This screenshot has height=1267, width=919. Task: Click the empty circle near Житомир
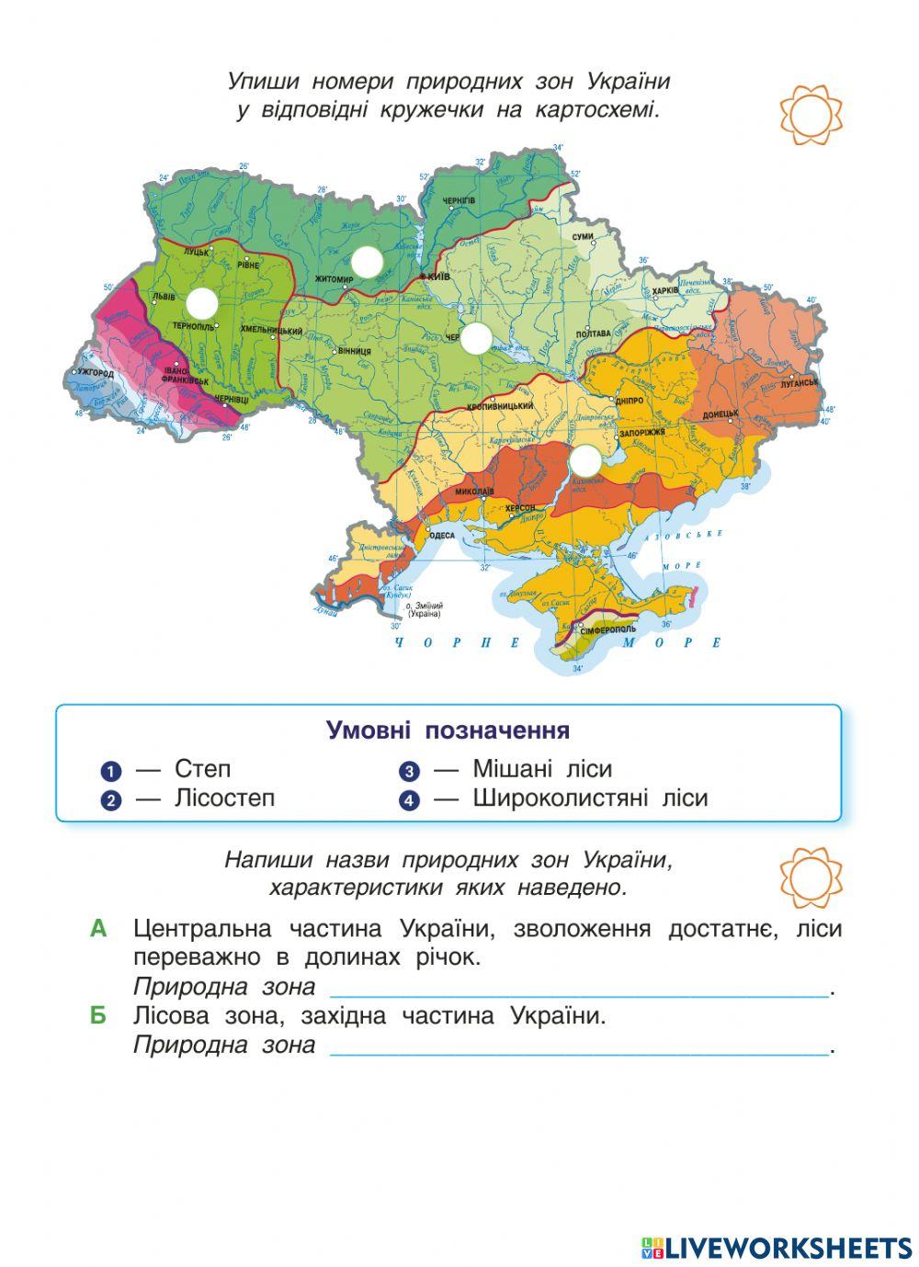366,262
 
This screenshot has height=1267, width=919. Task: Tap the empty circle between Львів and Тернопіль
201,303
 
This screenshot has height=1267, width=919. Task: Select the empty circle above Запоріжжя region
584,460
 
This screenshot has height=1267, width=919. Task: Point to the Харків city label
664,290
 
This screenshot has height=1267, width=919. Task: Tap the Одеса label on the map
442,536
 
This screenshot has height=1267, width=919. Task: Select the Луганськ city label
800,382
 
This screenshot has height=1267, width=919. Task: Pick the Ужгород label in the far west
96,374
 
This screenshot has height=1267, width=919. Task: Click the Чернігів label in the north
458,200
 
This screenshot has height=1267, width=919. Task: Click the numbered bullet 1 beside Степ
111,771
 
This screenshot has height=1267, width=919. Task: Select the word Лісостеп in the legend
224,798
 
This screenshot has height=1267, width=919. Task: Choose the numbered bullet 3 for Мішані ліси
409,771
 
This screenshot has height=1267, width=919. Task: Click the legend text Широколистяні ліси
590,798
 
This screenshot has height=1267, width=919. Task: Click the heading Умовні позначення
448,730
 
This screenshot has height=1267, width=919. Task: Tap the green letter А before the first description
99,929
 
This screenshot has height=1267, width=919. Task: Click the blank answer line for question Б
579,1048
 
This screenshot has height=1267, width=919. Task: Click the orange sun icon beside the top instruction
811,115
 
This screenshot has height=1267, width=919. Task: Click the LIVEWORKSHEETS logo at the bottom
777,1247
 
